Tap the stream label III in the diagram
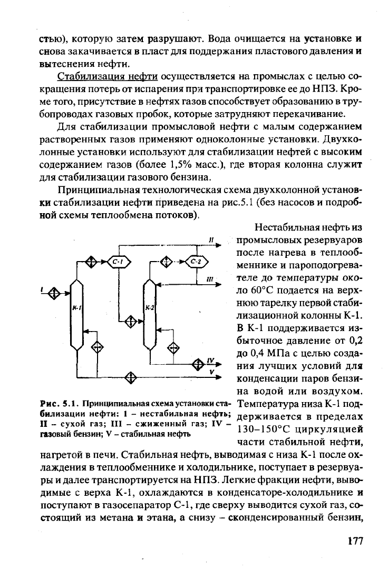210,278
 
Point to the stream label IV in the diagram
210,361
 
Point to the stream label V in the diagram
211,372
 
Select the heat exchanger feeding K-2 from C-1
130,319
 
